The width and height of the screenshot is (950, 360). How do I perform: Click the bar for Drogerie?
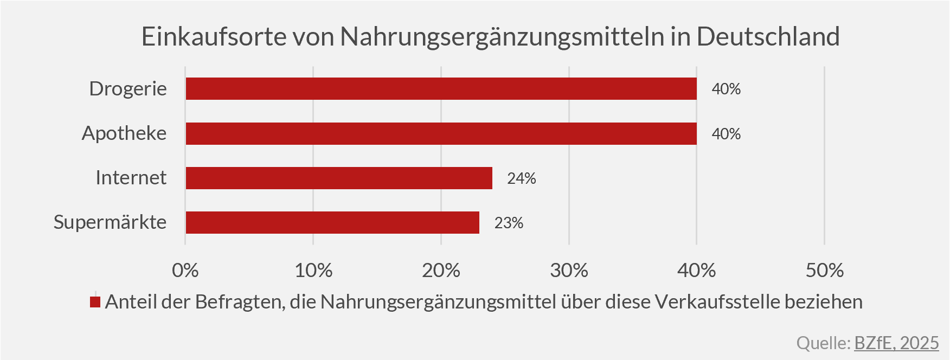[x=441, y=88]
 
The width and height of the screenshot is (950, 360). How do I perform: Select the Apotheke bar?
[x=441, y=133]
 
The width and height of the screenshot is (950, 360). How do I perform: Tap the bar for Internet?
[x=339, y=178]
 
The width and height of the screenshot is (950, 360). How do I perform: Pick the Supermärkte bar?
[x=332, y=222]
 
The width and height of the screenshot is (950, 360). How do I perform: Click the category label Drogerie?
[x=128, y=88]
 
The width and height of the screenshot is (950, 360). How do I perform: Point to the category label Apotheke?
[x=124, y=133]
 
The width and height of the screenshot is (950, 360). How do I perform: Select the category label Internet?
[x=131, y=178]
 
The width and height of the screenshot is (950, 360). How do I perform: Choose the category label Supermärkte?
[x=110, y=222]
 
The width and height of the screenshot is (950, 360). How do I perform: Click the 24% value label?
[x=522, y=178]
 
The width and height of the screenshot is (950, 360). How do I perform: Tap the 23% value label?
[x=509, y=223]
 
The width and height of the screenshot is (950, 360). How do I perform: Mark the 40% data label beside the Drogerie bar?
[x=726, y=89]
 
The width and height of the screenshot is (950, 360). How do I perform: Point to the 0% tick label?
[x=185, y=270]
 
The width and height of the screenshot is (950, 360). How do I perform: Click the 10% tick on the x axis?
[x=313, y=270]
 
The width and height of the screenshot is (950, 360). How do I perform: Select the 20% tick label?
[x=441, y=270]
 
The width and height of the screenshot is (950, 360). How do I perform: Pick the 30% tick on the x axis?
[x=569, y=270]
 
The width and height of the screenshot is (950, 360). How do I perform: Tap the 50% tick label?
[x=825, y=270]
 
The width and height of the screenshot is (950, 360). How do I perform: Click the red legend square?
[x=95, y=302]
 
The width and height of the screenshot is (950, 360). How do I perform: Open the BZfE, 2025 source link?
[x=896, y=343]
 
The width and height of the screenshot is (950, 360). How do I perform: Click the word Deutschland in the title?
[x=768, y=37]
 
